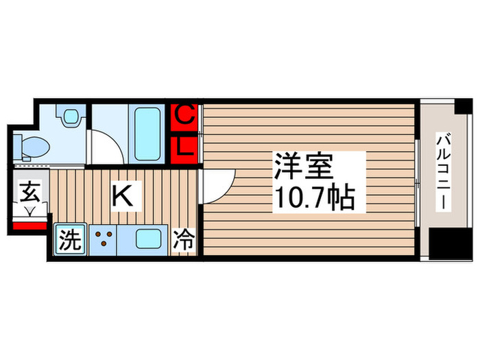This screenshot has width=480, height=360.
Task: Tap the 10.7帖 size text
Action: pyautogui.click(x=315, y=198)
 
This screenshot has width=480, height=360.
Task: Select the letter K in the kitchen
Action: pyautogui.click(x=122, y=197)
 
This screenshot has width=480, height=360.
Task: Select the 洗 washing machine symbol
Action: pyautogui.click(x=71, y=241)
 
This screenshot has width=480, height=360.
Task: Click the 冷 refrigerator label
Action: pyautogui.click(x=183, y=241)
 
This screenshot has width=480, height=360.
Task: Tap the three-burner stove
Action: pyautogui.click(x=105, y=240)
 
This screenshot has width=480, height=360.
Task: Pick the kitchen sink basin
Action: pyautogui.click(x=147, y=240)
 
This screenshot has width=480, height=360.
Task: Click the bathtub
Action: pyautogui.click(x=149, y=132)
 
